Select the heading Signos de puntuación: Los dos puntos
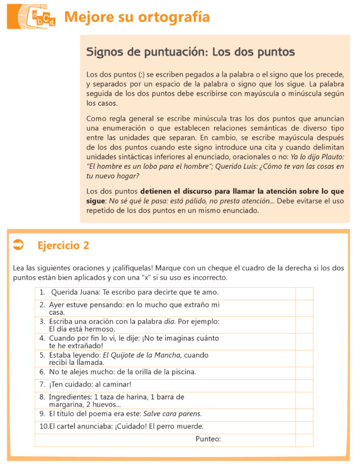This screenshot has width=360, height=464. click(191, 52)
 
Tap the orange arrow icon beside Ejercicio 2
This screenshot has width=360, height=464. click(19, 245)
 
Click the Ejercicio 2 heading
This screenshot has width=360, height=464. click(63, 246)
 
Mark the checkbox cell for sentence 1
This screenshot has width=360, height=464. click(304, 293)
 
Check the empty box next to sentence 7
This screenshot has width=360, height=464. click(304, 385)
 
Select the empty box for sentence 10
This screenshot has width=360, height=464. click(304, 426)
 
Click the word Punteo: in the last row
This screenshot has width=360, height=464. click(208, 439)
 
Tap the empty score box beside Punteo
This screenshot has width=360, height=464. click(304, 439)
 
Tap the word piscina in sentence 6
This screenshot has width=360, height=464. click(183, 372)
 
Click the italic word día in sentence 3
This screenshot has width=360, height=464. click(169, 321)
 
